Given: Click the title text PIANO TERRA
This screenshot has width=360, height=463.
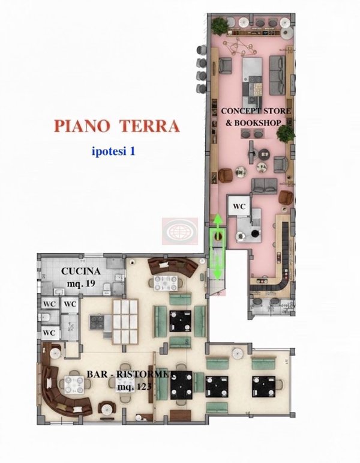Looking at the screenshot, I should click(x=116, y=126).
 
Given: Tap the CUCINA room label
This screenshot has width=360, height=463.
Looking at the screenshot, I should click(x=81, y=271).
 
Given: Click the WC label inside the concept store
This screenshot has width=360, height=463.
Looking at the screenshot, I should click(x=239, y=206).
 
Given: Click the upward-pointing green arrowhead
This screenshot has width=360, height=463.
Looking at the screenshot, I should click(x=217, y=220).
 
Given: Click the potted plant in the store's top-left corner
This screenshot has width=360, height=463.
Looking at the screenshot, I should click(x=220, y=26).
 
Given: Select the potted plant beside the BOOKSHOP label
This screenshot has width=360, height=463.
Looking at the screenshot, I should click(x=290, y=132).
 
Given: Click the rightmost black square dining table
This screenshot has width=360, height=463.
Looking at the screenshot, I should click(x=264, y=383).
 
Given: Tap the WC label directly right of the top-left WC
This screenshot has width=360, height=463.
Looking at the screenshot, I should click(x=71, y=304).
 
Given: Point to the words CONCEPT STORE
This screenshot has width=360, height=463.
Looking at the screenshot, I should click(x=256, y=111).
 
